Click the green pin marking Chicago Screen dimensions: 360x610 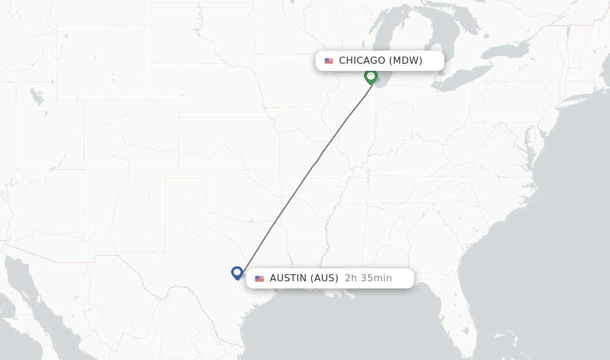371,76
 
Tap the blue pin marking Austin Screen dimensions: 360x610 237,272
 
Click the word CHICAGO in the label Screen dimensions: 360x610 362,60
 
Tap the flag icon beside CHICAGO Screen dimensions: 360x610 329,61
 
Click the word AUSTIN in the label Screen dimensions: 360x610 288,278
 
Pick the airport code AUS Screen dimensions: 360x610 324,278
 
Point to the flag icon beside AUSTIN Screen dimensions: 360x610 259,278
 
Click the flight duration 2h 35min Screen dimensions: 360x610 368,278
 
